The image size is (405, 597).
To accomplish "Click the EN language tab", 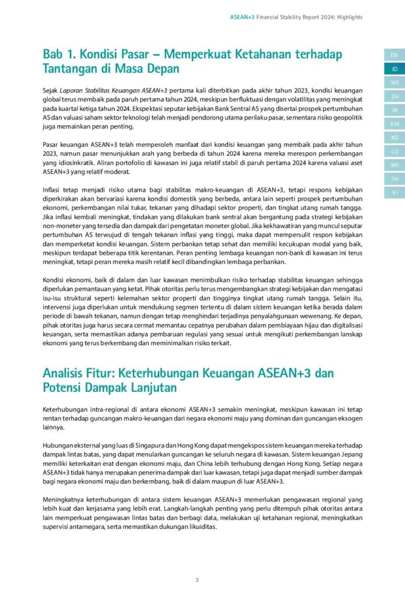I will (x=395, y=55).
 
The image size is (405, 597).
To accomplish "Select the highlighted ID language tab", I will (x=395, y=69).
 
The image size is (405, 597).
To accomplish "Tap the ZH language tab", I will (x=395, y=96).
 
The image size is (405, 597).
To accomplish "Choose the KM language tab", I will (x=395, y=124).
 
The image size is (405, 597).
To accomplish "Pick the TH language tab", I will (x=395, y=178).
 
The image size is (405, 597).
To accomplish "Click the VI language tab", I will (x=395, y=192).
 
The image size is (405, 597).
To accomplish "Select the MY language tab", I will (x=395, y=165).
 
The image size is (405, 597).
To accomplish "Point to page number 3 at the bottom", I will (x=197, y=580).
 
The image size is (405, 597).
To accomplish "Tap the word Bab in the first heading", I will (x=54, y=54).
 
